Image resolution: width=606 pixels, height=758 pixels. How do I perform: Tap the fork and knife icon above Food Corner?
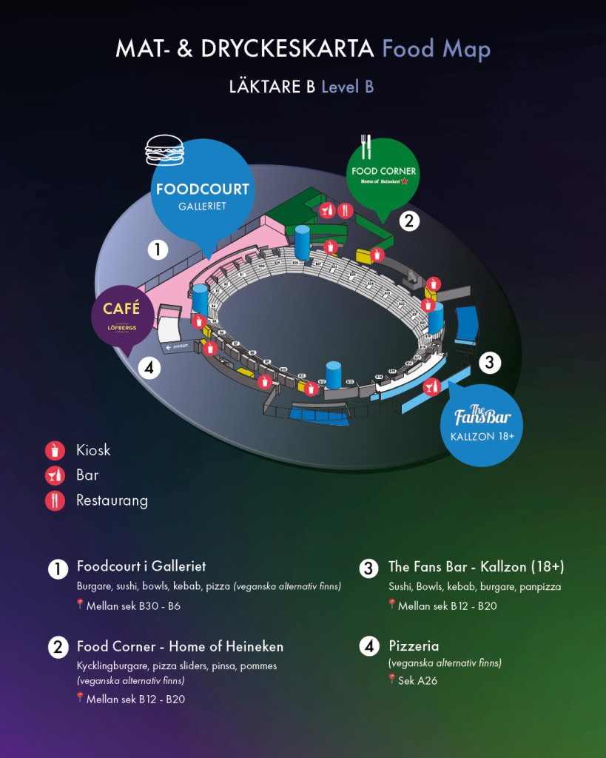click(364, 147)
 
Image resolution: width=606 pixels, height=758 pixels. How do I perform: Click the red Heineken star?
click(405, 181)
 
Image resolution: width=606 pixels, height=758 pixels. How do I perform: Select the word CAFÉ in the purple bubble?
click(121, 308)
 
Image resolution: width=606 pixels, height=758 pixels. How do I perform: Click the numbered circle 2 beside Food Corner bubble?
click(409, 220)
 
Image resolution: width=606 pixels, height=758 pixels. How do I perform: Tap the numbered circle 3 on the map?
click(489, 363)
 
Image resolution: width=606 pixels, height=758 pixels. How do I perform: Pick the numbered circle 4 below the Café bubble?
click(149, 368)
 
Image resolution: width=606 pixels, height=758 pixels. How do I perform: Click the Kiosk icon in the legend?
click(55, 450)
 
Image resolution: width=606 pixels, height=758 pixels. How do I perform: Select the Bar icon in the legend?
click(55, 475)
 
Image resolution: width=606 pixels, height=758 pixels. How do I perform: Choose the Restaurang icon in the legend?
click(55, 500)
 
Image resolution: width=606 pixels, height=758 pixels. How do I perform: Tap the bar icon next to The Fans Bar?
click(432, 386)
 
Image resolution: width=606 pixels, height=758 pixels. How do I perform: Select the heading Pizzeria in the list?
click(414, 645)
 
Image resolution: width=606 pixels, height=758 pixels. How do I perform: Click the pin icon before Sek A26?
click(392, 678)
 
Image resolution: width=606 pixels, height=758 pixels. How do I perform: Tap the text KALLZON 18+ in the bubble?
click(482, 436)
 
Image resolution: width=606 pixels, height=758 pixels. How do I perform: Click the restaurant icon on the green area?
click(344, 210)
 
